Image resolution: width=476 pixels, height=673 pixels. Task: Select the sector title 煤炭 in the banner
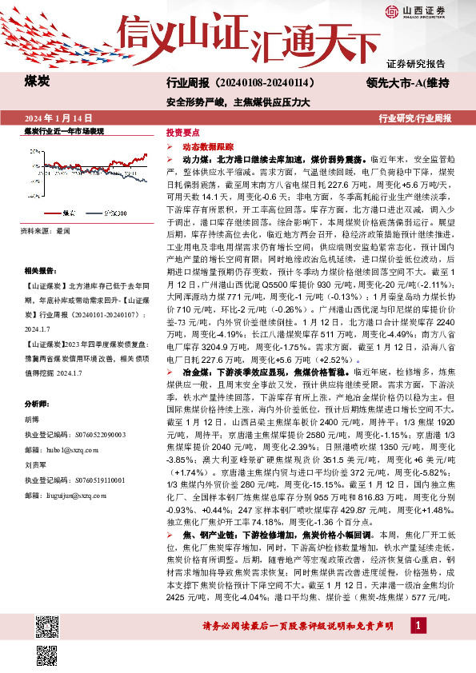pyautogui.click(x=38, y=82)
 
